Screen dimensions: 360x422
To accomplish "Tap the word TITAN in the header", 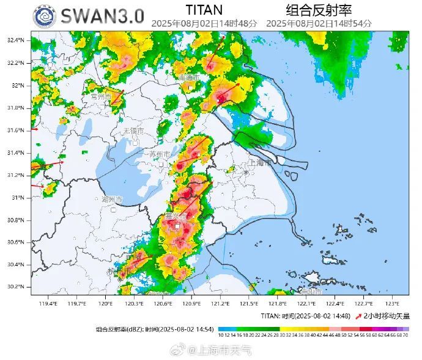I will tap(204, 10).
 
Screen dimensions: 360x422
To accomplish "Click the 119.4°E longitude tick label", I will tap(48, 304).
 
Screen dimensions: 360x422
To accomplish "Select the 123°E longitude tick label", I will tap(392, 304).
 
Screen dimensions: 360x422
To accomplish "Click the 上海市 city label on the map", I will tap(261, 163).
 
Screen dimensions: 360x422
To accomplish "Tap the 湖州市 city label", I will tap(112, 200).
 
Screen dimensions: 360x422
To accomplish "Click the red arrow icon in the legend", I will tap(358, 316).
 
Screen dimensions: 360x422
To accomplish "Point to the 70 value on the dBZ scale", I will tap(406, 336).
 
